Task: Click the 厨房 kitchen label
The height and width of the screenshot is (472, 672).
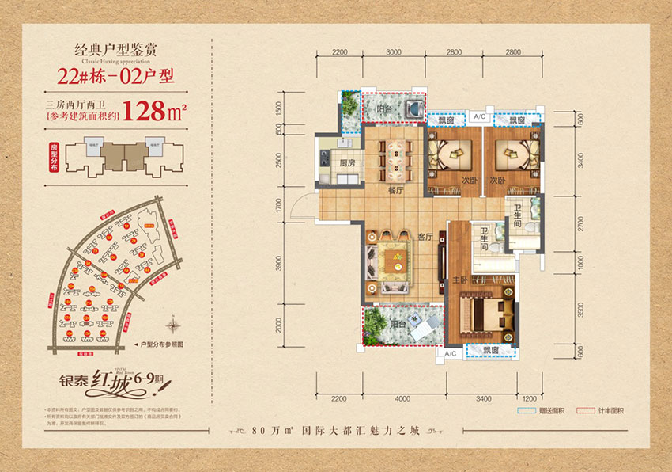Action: (x=345, y=165)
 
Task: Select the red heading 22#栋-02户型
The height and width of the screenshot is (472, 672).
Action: (x=115, y=77)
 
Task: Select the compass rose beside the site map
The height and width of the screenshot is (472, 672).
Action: (x=172, y=324)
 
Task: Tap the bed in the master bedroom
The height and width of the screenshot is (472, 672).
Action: (x=481, y=314)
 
